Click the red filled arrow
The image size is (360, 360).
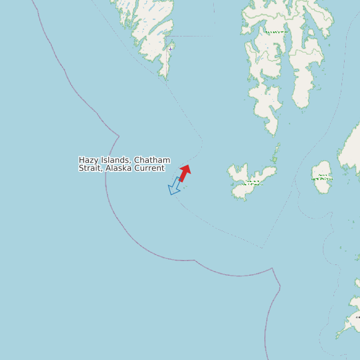coord(185,173)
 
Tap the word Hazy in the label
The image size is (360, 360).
coord(89,160)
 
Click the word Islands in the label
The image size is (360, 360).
coord(116,160)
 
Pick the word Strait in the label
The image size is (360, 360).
coord(92,168)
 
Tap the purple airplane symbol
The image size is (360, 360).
coord(170,48)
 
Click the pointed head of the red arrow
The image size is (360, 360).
coord(187,167)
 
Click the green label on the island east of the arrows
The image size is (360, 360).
coord(252,181)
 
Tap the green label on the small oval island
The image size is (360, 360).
coord(322,177)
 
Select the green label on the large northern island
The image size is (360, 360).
coord(276,32)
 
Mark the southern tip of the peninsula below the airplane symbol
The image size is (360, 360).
coord(162,77)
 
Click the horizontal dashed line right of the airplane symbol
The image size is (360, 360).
coord(193,37)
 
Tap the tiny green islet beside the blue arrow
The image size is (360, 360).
coord(184,187)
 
